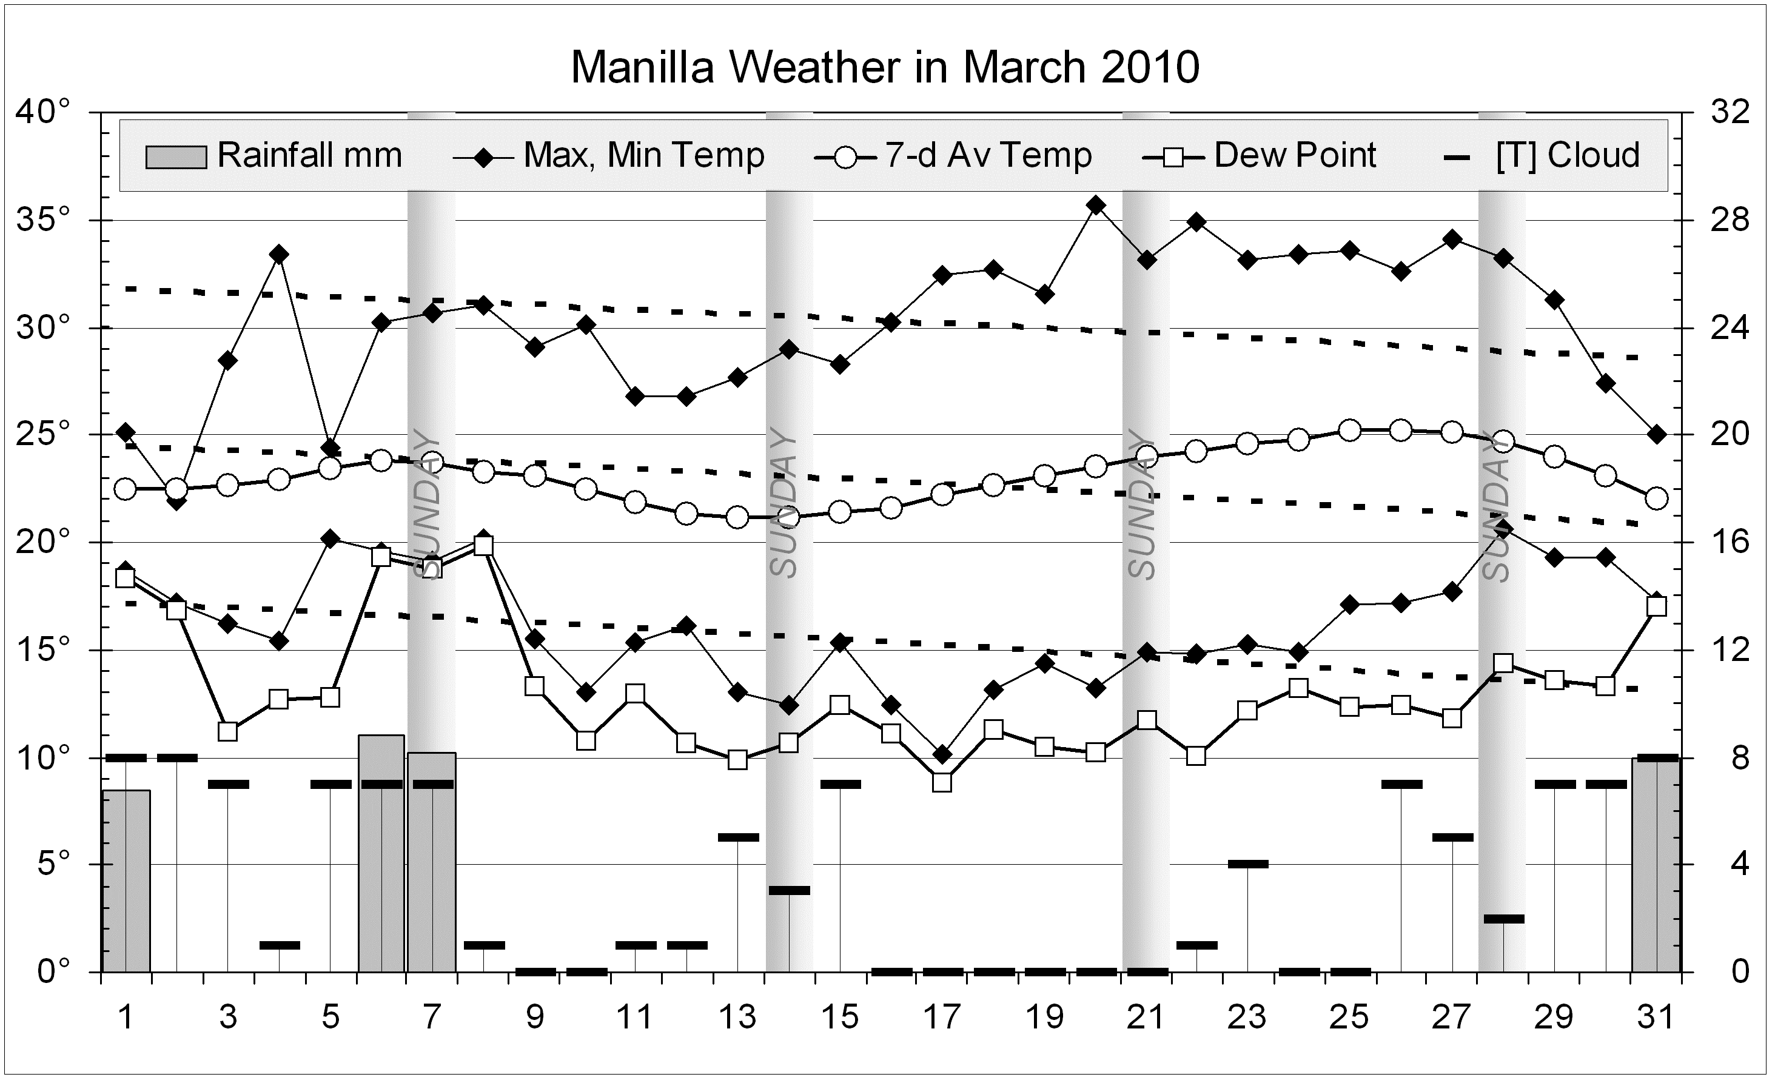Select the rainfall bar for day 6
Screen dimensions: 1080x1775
coord(381,854)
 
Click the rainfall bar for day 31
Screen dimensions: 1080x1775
coord(1656,865)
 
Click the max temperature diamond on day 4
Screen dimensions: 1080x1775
coord(280,254)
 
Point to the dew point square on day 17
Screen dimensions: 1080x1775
coord(942,782)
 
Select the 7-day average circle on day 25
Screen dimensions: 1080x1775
coord(1349,430)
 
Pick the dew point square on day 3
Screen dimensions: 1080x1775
coord(229,731)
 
